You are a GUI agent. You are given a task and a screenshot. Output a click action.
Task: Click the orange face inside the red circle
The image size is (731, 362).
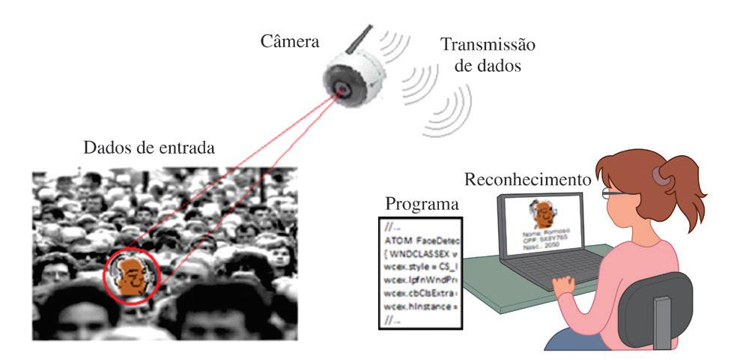point(131,275)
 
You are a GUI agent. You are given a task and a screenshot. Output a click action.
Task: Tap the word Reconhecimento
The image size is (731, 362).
point(526,181)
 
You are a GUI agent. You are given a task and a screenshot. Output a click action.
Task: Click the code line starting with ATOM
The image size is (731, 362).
point(419,240)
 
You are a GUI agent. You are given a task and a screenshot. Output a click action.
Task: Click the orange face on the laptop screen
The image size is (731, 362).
point(541,214)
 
